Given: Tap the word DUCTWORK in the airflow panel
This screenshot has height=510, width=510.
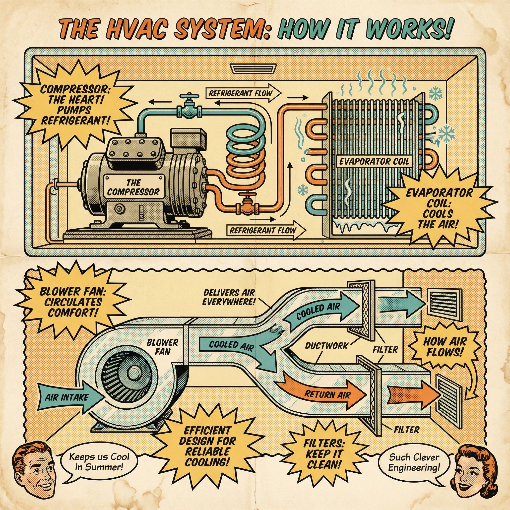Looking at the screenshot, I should click(x=326, y=346).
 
